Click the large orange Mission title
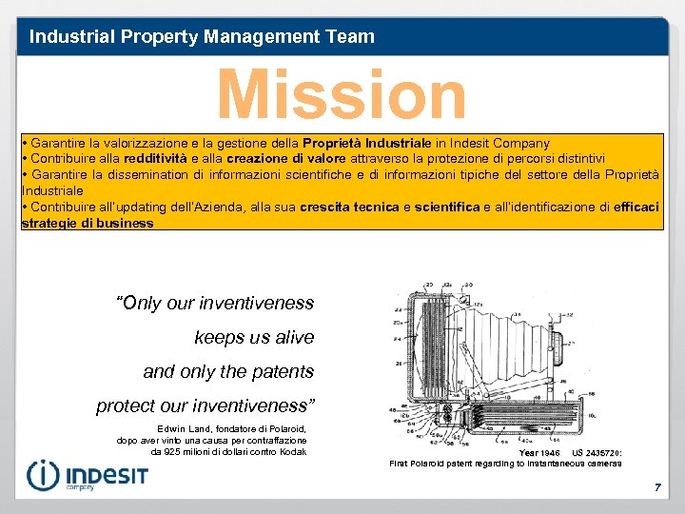coord(342,95)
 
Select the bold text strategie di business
coord(88,223)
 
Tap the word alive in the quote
coord(291,337)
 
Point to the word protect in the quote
coord(127,405)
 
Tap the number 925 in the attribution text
coord(164,451)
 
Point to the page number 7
coord(656,487)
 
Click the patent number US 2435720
coord(597,453)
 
